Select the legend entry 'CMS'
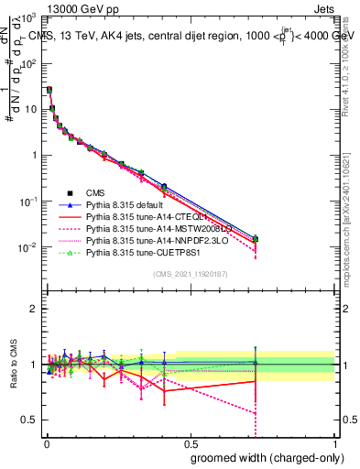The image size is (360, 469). click(96, 193)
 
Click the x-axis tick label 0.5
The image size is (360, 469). click(191, 443)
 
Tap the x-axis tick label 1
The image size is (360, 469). click(334, 443)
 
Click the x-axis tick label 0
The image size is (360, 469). click(45, 443)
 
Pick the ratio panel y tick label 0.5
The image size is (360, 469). click(29, 420)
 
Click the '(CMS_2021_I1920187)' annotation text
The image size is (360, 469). click(191, 274)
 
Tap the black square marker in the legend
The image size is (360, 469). click(69, 193)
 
